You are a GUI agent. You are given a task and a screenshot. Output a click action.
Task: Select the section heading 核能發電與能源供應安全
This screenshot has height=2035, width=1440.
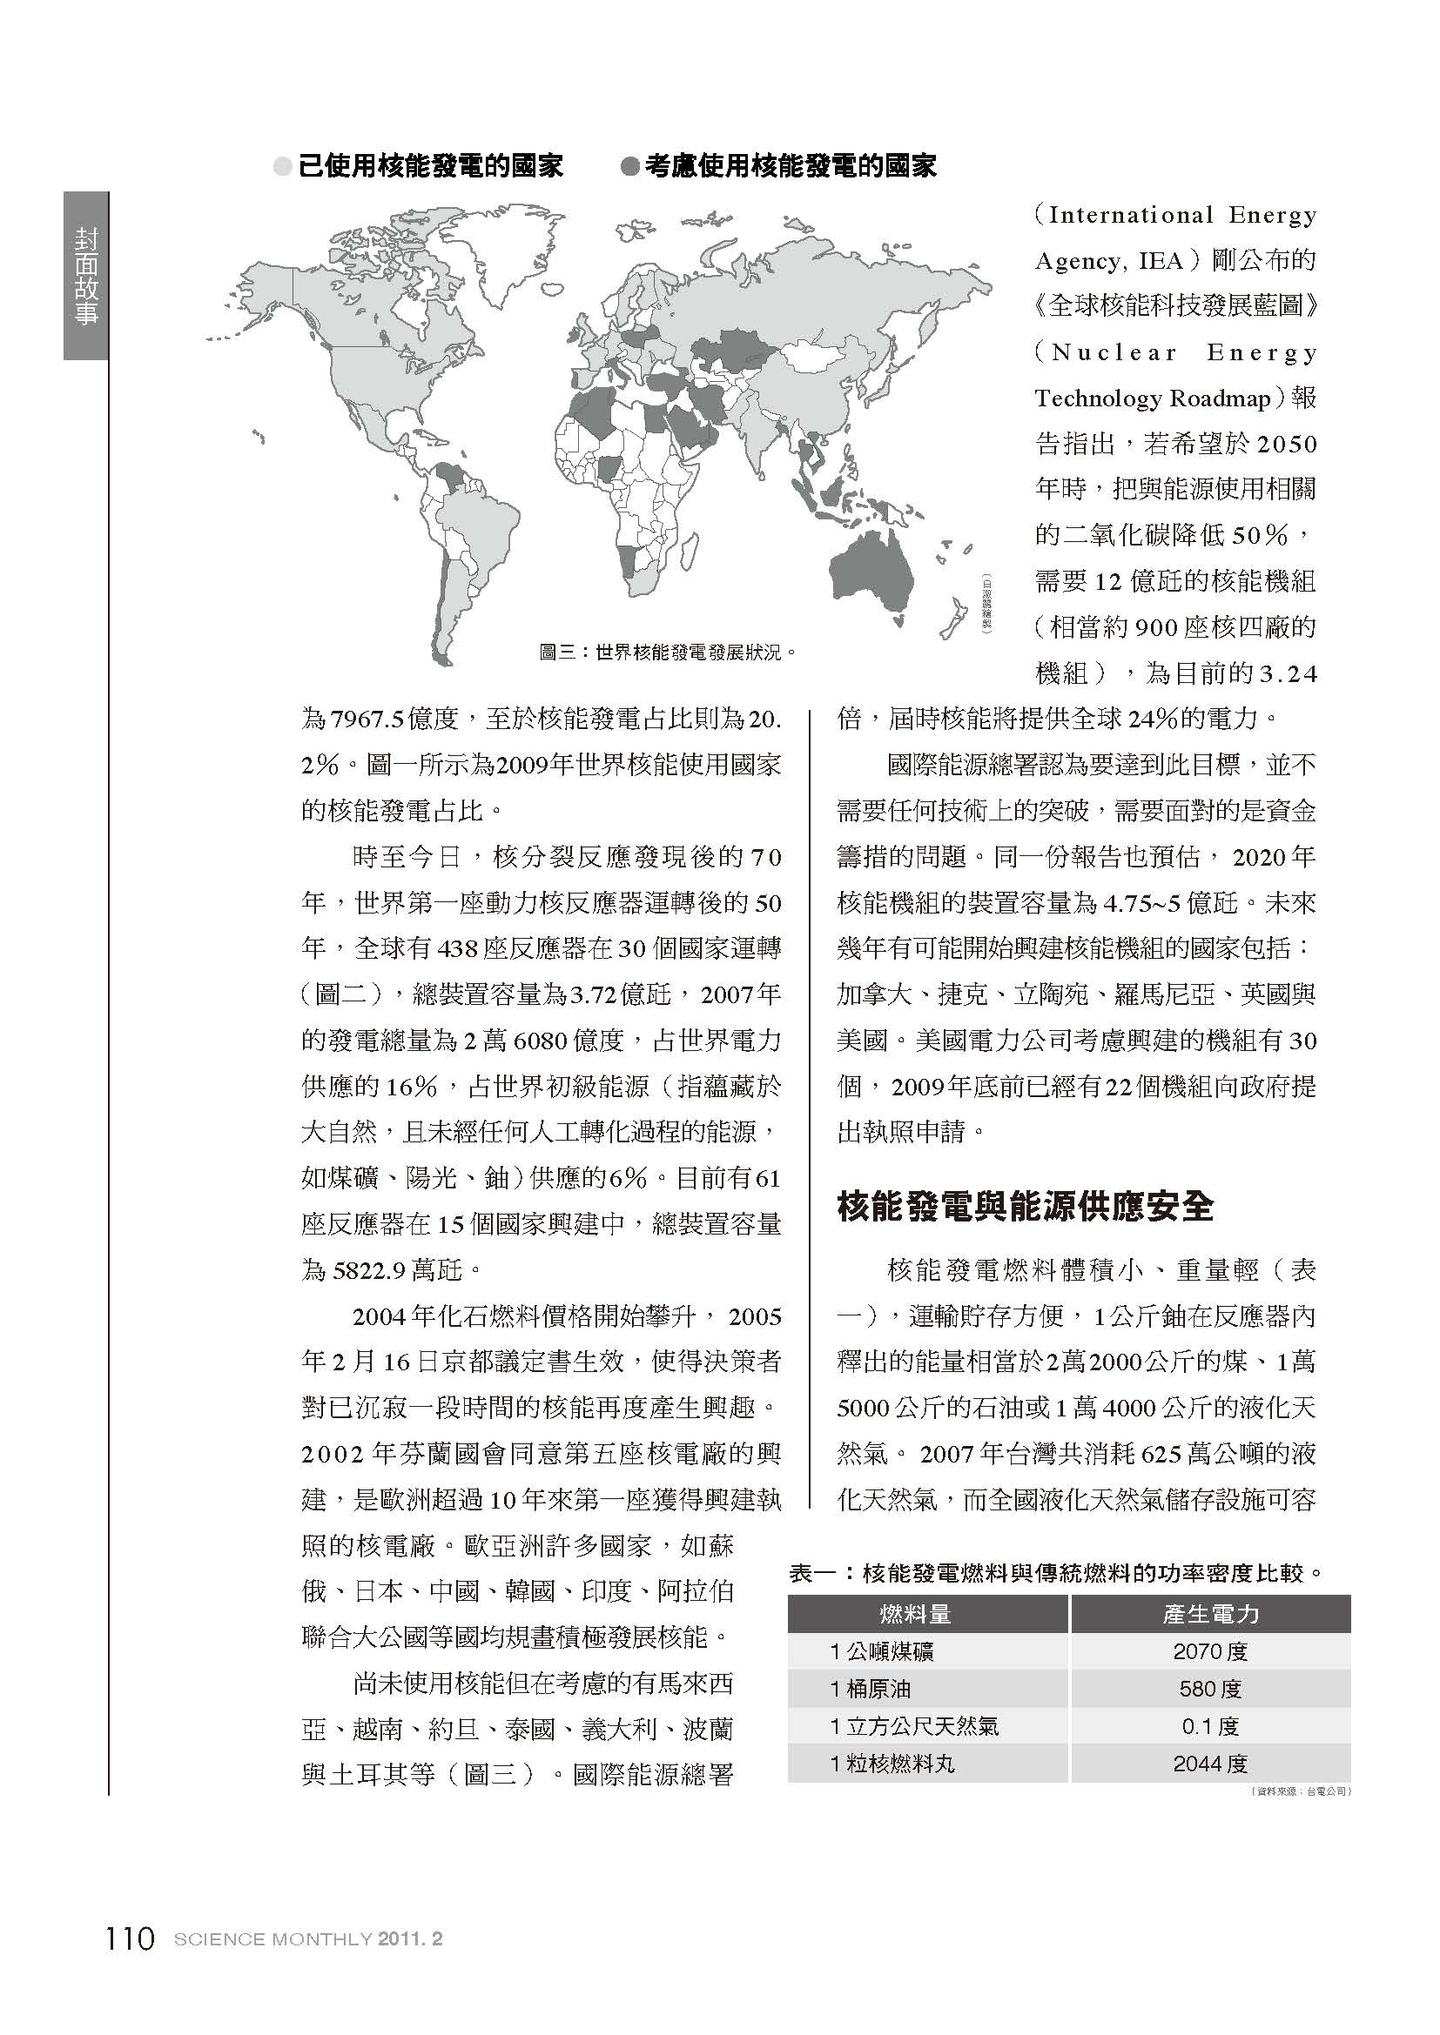[x=1024, y=1208]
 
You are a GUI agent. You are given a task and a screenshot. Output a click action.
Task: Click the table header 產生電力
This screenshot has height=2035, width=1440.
[x=1210, y=1614]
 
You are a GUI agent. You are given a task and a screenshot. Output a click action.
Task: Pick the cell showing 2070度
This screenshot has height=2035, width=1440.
[x=1210, y=1652]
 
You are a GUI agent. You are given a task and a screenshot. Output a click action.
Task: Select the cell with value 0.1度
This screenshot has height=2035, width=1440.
[x=1210, y=1726]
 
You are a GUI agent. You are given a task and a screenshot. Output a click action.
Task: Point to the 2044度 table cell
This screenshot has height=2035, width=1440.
[x=1210, y=1764]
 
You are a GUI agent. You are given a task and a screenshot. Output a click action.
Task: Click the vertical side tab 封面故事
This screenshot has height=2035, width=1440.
[x=86, y=276]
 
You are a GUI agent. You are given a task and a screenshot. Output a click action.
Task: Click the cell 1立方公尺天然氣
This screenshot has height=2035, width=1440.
[x=914, y=1726]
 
